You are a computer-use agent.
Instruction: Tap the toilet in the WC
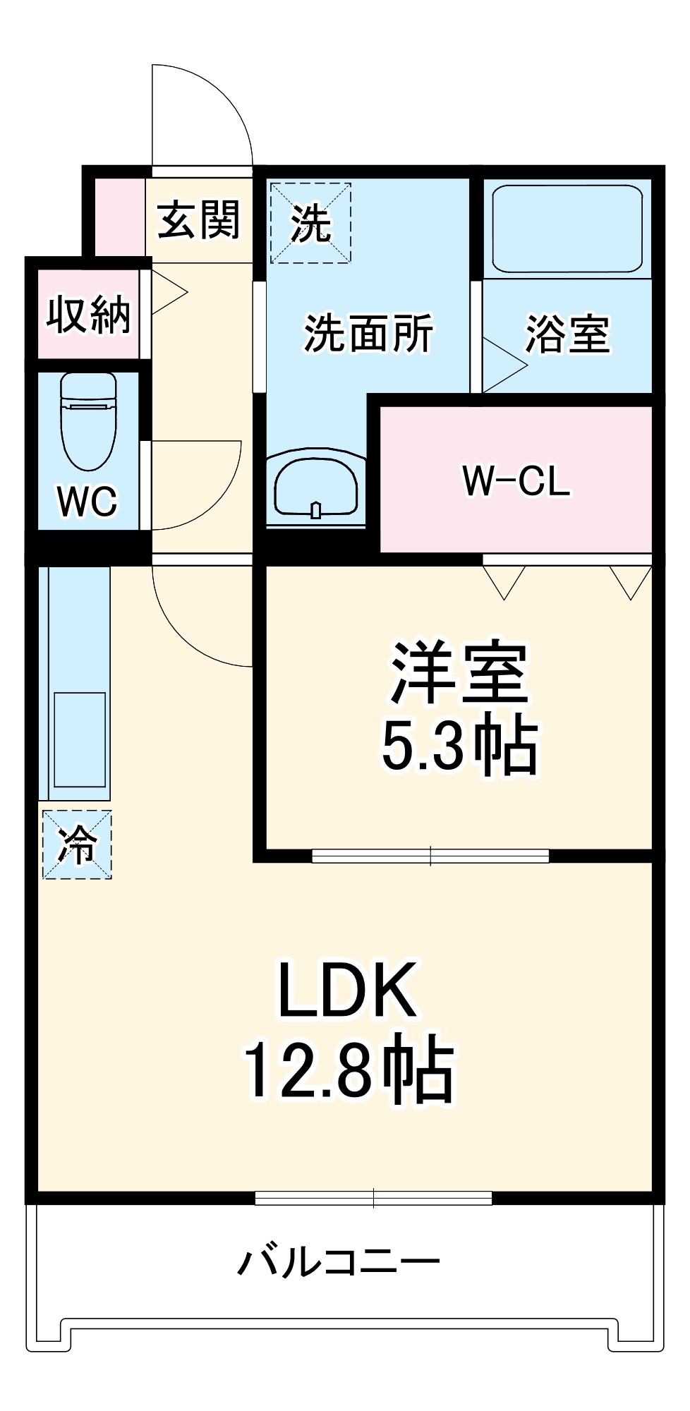click(x=88, y=421)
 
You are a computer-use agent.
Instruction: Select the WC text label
click(x=87, y=501)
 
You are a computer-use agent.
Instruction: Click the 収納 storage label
click(x=89, y=314)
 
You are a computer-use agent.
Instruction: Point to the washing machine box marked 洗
click(x=310, y=223)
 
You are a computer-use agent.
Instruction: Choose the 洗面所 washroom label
click(x=368, y=333)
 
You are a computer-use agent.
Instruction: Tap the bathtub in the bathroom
click(x=567, y=229)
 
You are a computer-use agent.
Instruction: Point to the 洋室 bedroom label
click(x=459, y=673)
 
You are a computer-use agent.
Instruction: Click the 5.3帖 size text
click(x=459, y=745)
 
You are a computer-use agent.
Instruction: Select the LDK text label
click(x=348, y=990)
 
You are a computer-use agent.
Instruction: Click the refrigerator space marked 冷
click(x=77, y=844)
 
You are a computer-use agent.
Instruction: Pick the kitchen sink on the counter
click(x=80, y=739)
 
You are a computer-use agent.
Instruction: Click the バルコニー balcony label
click(x=339, y=1260)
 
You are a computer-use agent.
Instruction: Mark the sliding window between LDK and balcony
click(x=373, y=1197)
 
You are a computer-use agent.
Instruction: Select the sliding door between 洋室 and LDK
click(x=430, y=856)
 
